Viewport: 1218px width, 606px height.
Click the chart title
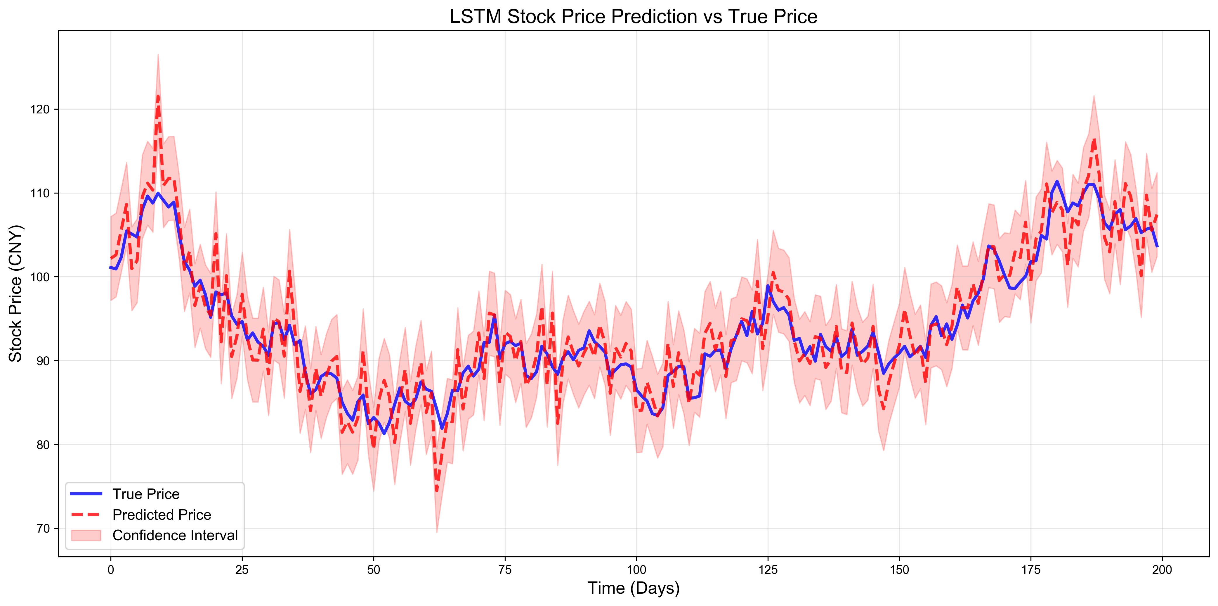click(634, 17)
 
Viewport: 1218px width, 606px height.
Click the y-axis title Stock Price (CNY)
click(15, 293)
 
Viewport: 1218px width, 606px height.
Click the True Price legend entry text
click(146, 494)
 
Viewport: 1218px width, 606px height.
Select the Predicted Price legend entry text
click(162, 515)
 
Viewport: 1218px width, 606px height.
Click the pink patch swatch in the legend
click(86, 535)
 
